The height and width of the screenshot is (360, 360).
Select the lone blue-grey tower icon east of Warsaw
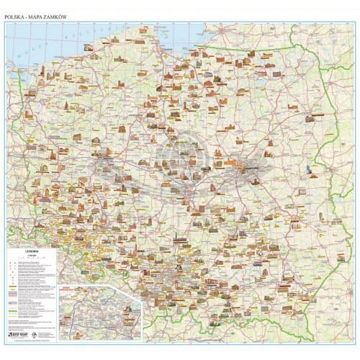[310, 170]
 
